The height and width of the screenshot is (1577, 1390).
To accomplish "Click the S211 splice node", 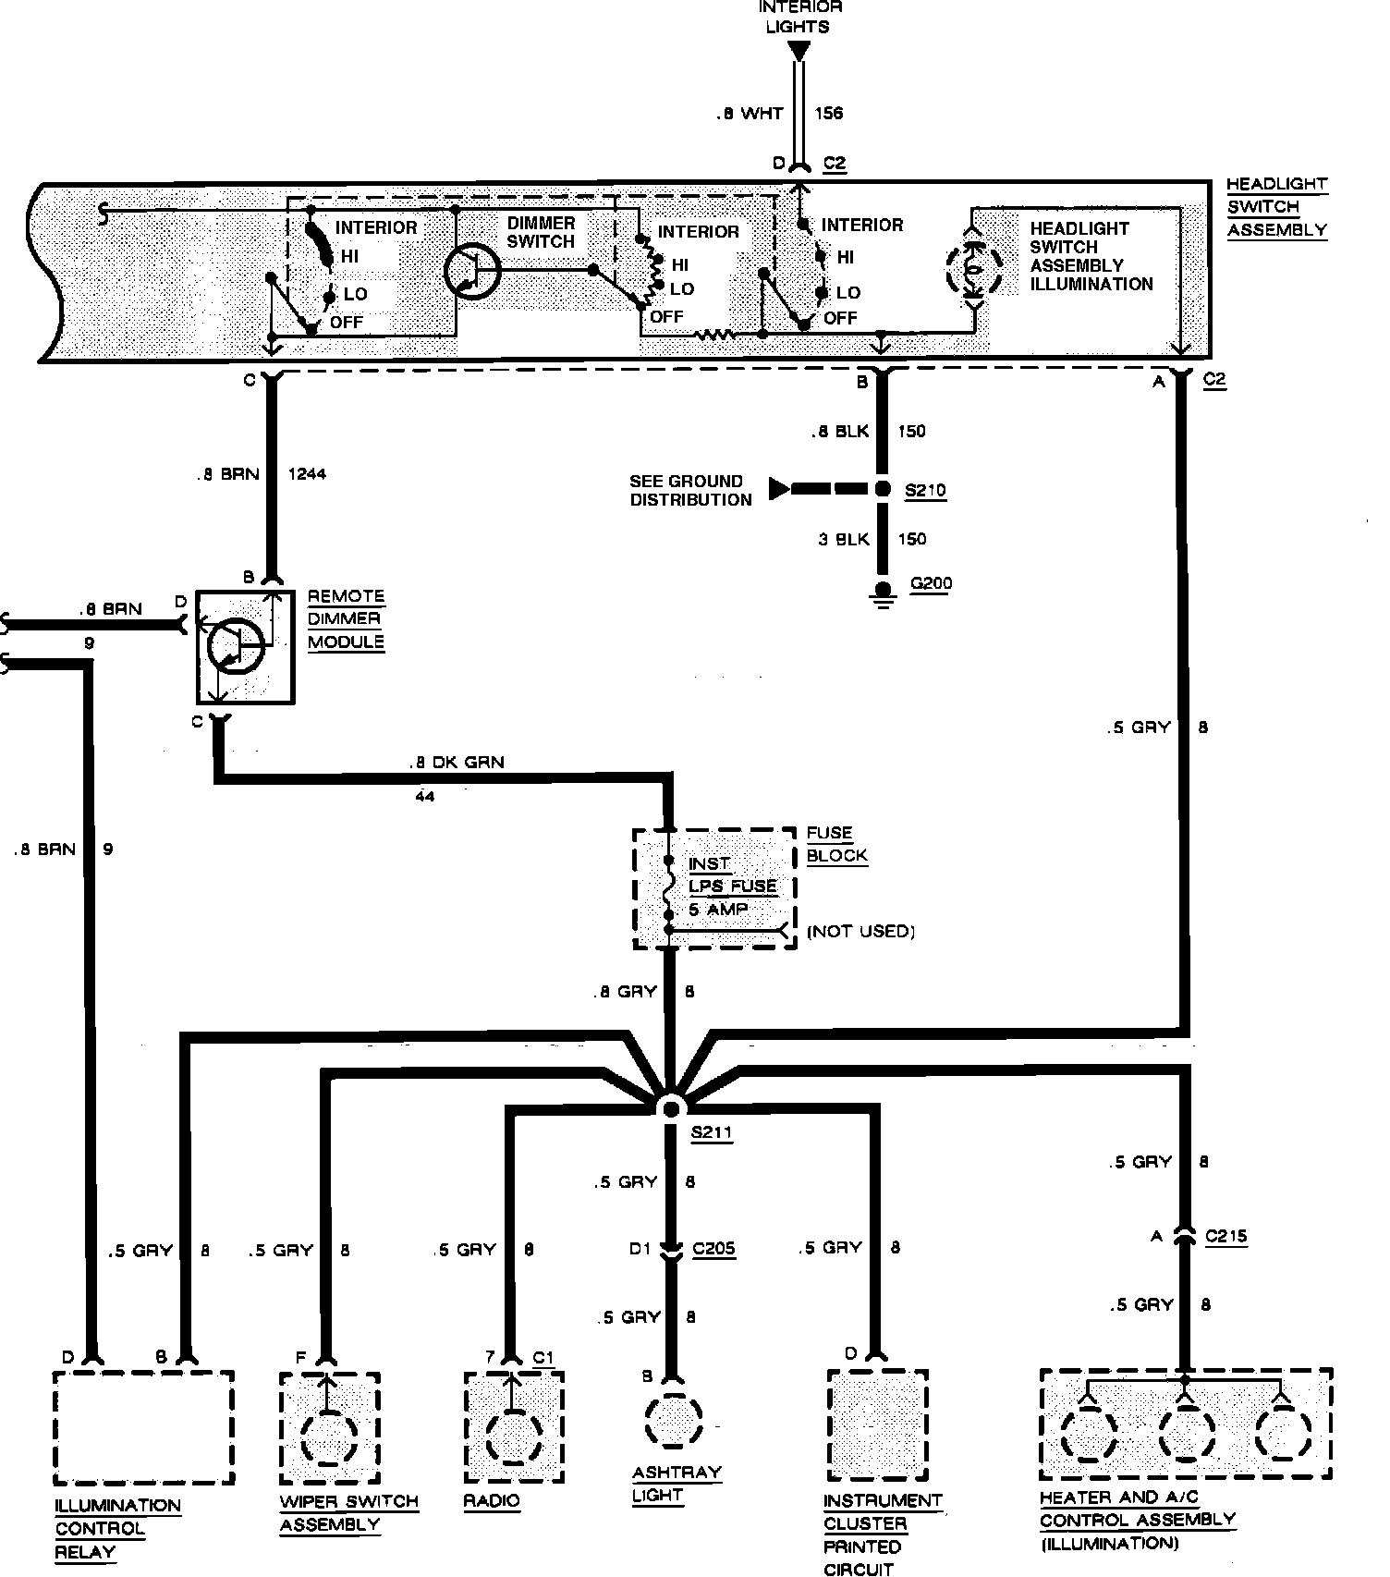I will click(671, 1107).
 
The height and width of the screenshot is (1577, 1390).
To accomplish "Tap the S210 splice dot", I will click(884, 489).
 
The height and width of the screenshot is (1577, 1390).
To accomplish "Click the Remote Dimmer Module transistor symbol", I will click(236, 644).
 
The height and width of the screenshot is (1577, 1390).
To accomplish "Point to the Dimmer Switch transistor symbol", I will click(471, 271).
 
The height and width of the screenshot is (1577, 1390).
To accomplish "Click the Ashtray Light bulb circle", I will click(673, 1421).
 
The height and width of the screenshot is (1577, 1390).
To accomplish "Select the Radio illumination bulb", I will click(513, 1436).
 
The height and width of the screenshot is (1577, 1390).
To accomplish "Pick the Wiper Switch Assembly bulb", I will click(328, 1437).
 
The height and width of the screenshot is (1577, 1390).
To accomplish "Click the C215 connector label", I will click(1225, 1236).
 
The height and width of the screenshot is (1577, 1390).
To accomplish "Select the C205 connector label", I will click(713, 1249).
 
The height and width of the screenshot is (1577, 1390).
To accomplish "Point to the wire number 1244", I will click(307, 474).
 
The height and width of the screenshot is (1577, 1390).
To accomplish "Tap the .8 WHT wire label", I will click(750, 114).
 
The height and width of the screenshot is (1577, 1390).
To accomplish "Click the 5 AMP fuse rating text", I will click(718, 910).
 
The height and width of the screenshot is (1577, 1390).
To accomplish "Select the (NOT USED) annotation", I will click(860, 931).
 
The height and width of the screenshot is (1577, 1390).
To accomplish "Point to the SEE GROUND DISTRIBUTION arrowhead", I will click(780, 489).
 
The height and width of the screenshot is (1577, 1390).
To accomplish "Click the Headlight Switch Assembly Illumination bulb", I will click(973, 269).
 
